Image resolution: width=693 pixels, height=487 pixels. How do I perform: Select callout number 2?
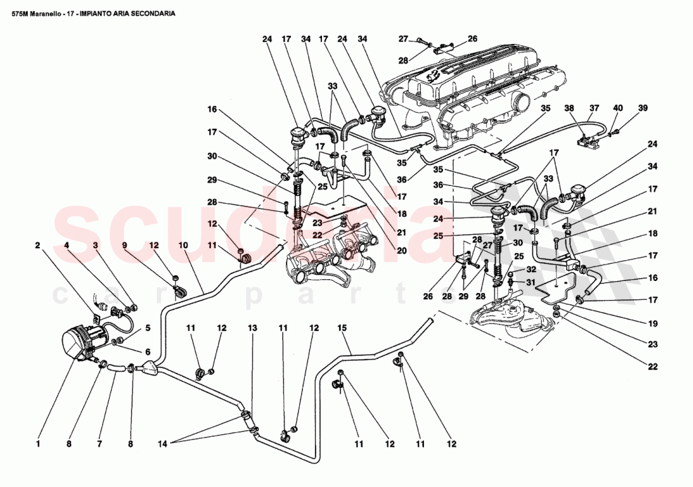[38, 245]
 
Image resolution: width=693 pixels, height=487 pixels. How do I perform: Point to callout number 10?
[183, 245]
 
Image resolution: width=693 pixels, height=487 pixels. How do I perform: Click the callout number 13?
[252, 328]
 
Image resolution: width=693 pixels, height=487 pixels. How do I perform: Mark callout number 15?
[342, 328]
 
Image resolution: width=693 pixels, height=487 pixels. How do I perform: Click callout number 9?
[124, 245]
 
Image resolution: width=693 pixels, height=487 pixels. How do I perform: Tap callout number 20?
[402, 250]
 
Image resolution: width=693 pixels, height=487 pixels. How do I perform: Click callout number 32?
[530, 269]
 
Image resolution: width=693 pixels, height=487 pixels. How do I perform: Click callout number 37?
[594, 108]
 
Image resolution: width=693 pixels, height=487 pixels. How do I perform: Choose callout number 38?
[570, 108]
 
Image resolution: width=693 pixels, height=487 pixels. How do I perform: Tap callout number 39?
[642, 108]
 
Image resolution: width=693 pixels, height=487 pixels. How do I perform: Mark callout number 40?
[618, 108]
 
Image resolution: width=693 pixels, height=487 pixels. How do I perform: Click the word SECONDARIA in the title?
[152, 13]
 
